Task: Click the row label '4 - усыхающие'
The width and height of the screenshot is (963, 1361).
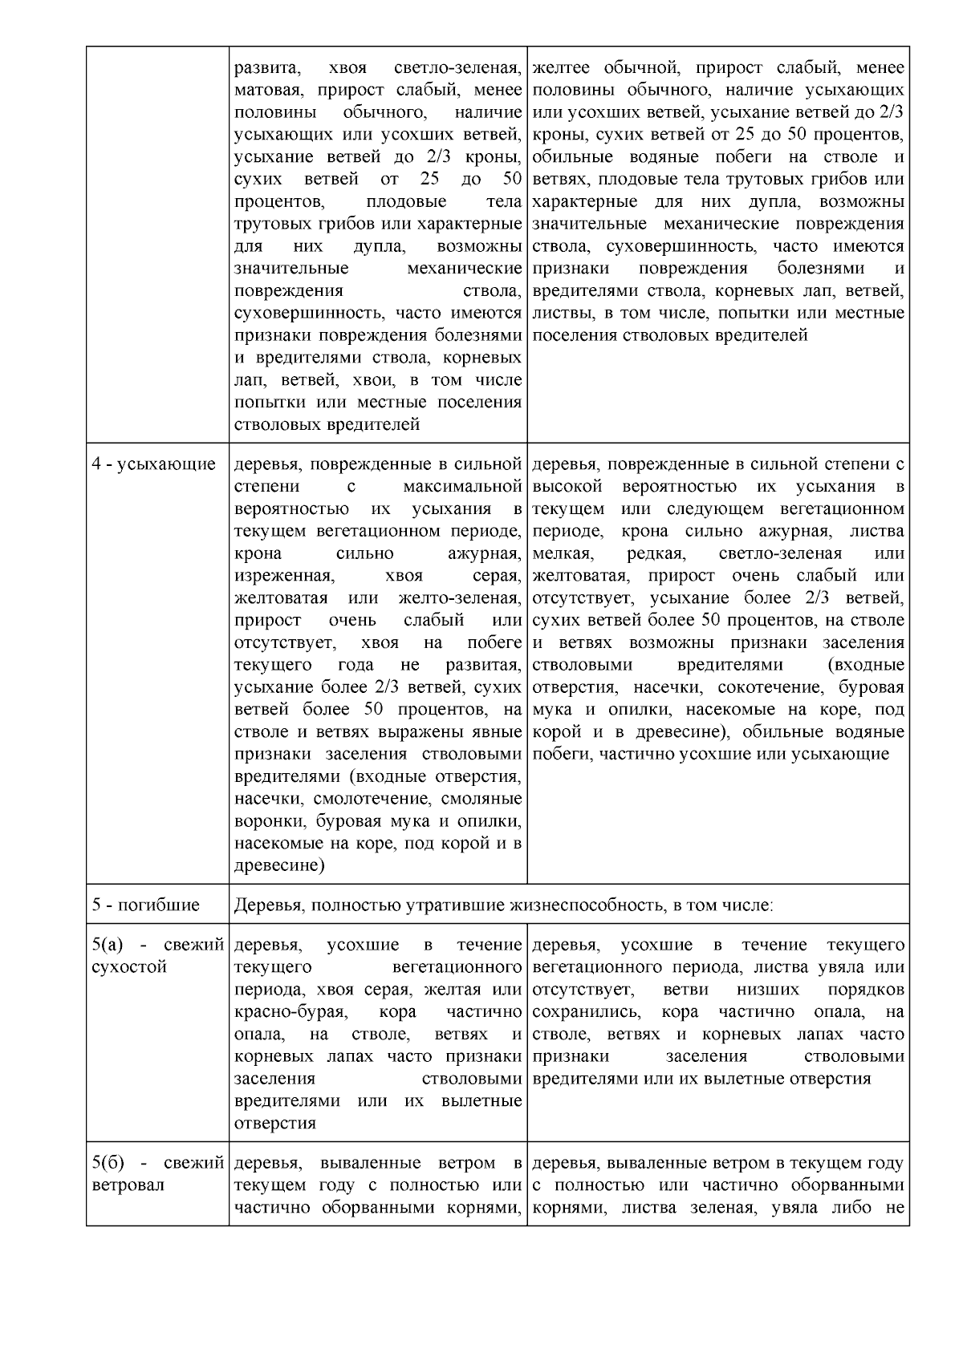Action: pyautogui.click(x=154, y=464)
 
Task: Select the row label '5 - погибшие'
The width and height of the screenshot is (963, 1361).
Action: pyautogui.click(x=146, y=905)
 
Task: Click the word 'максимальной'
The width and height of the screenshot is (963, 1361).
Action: pyautogui.click(x=462, y=487)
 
